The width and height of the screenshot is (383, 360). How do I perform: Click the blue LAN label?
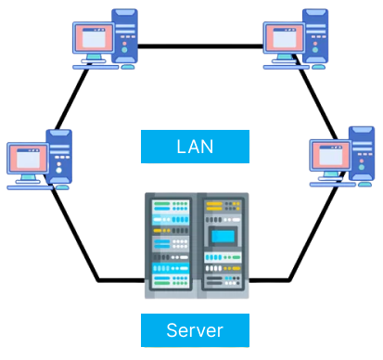(x=195, y=147)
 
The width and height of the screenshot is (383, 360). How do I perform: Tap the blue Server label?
(x=195, y=329)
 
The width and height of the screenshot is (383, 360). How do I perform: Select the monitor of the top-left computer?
(x=93, y=39)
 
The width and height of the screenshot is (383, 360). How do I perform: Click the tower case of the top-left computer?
(x=125, y=35)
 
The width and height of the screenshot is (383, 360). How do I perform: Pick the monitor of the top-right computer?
(x=284, y=39)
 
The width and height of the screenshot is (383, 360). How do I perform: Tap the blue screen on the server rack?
(x=222, y=236)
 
